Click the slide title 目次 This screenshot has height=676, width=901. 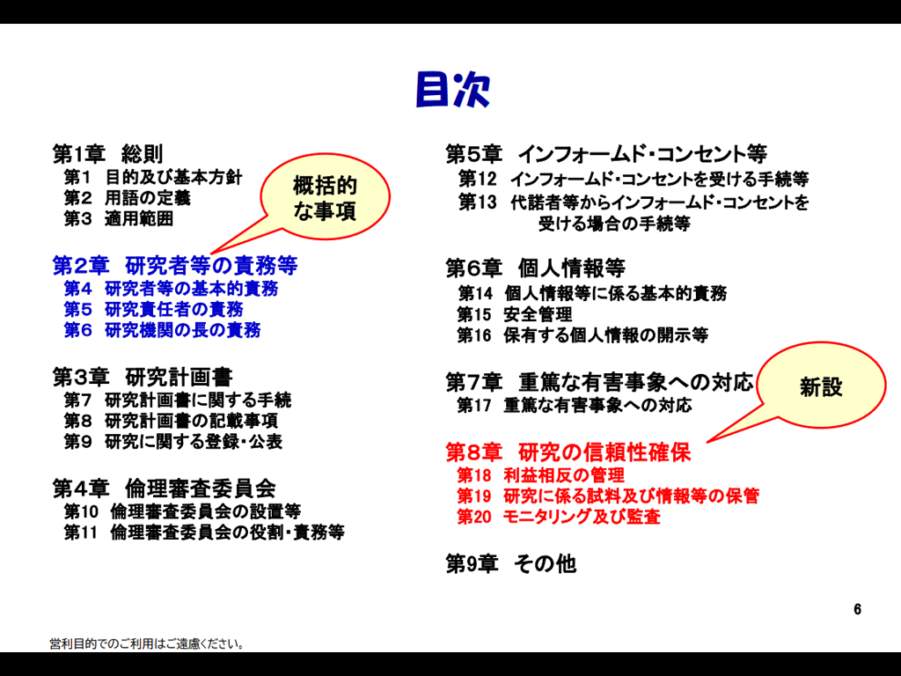[453, 90]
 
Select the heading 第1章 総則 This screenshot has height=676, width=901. [108, 154]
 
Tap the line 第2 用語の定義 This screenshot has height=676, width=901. [127, 198]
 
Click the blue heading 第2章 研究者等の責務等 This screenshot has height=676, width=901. [175, 266]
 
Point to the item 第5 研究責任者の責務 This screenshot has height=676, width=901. [153, 309]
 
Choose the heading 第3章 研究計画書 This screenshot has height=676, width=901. [143, 378]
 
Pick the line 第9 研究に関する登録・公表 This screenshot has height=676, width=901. [173, 442]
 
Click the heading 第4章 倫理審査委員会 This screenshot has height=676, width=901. [165, 489]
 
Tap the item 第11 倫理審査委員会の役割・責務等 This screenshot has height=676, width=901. [204, 533]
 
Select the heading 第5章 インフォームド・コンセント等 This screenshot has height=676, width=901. [606, 154]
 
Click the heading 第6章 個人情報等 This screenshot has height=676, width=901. [536, 268]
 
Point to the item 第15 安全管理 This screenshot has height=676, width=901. [514, 314]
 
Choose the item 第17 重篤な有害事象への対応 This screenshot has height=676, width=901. [574, 405]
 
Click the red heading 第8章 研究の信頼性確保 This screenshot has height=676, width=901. [568, 452]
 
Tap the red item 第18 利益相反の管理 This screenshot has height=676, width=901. [541, 475]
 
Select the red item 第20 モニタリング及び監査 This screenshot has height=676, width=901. [559, 517]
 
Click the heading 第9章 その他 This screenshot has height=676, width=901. [511, 564]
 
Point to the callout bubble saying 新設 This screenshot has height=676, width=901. [821, 386]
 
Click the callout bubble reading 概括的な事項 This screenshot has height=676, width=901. [325, 196]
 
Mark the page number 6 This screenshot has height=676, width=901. [857, 609]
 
